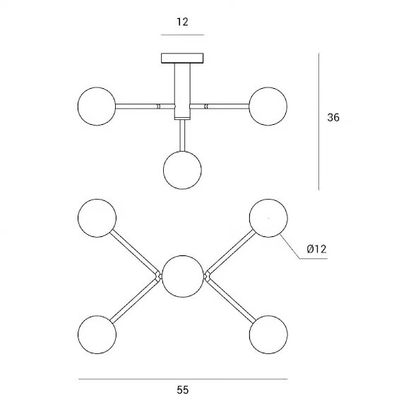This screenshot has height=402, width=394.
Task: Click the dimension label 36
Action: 333,117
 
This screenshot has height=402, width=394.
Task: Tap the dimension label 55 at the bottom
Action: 182,390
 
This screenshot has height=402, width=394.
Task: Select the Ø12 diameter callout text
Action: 316,249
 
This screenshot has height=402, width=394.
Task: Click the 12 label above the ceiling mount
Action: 182,22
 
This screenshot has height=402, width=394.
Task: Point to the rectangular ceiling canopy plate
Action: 182,59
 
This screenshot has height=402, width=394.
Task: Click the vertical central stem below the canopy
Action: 182,91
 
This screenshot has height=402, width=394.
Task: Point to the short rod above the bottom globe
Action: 182,135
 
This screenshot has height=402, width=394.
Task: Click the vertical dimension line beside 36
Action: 318,121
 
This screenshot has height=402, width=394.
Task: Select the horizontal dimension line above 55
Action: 183,379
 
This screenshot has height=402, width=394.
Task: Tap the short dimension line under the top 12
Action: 182,35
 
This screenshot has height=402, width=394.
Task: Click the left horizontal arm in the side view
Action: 145,106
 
